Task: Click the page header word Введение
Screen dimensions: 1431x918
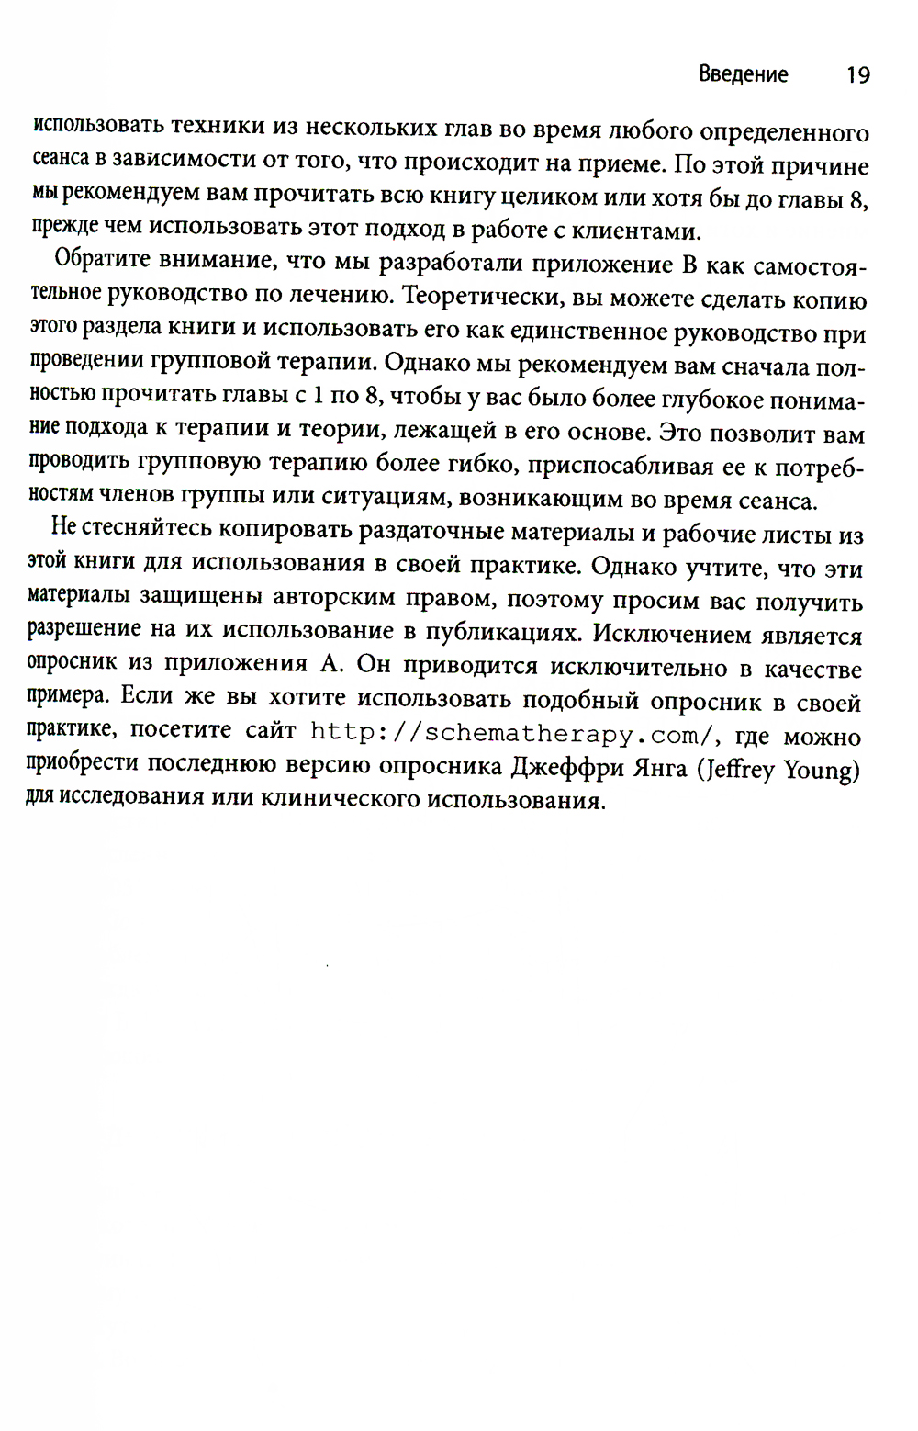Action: pos(743,74)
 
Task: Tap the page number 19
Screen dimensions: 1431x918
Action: pos(857,75)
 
